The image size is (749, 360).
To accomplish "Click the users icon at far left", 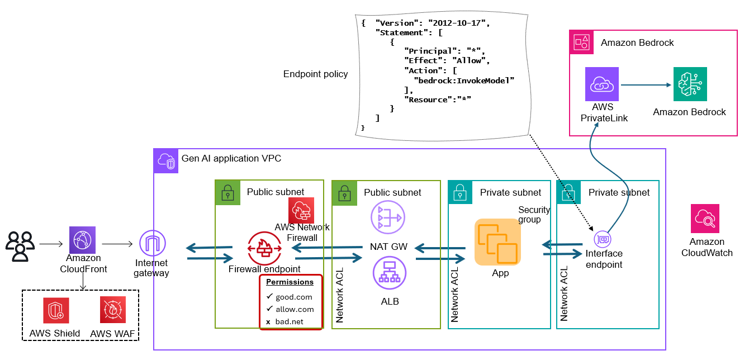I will (x=20, y=245).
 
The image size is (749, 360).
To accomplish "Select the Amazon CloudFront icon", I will (x=82, y=240).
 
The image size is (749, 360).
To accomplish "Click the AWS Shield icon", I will (x=56, y=310).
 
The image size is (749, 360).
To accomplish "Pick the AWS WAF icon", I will (x=113, y=310).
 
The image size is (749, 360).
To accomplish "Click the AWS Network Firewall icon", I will (x=302, y=210).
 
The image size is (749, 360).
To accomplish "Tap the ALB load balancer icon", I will (x=389, y=273).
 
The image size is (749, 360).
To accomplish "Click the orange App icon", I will (x=497, y=242).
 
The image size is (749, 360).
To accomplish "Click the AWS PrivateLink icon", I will (x=602, y=84).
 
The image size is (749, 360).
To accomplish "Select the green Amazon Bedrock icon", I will (x=690, y=84).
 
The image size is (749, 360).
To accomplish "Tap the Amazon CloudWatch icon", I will (x=705, y=219).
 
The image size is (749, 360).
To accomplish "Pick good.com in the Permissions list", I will (x=294, y=297).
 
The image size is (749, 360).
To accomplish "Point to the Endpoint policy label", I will (x=315, y=74).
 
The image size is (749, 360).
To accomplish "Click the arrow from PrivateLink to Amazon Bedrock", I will (x=646, y=85).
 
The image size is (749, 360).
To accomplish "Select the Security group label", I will (x=534, y=215).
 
